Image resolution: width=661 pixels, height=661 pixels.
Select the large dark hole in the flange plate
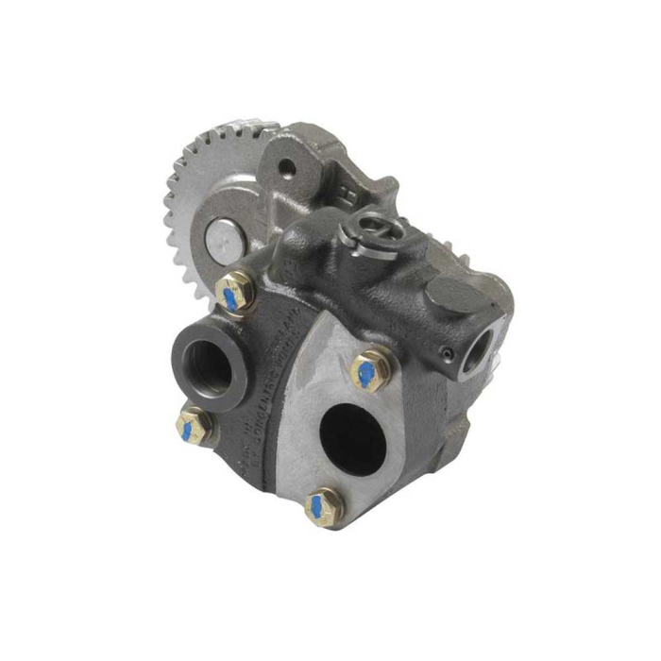(354, 438)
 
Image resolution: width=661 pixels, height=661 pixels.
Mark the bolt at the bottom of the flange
(325, 506)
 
